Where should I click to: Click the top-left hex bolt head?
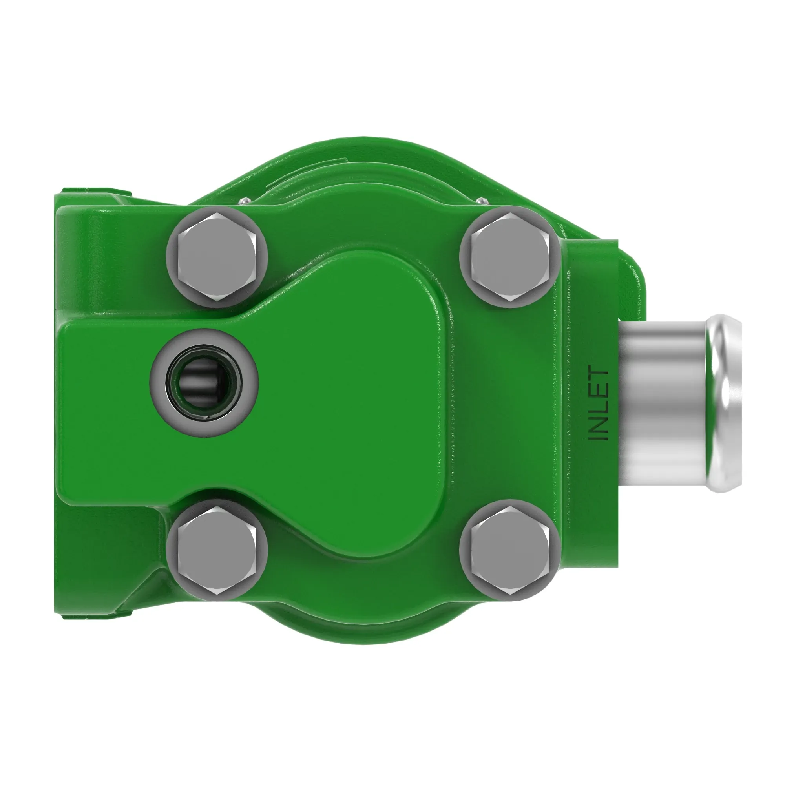coord(217,257)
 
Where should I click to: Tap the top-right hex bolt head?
coord(509,257)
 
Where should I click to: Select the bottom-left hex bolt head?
coord(217,550)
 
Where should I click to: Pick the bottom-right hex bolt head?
coord(509,550)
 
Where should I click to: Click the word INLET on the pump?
coord(599,404)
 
